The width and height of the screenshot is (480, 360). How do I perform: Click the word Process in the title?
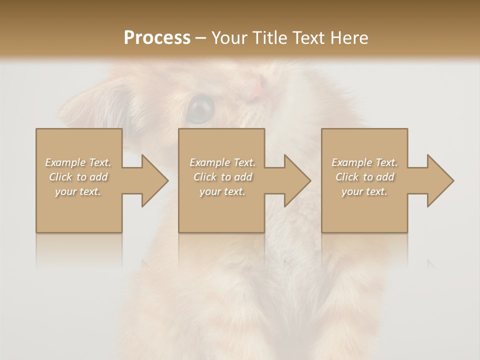157,38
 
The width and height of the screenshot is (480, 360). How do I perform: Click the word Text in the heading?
309,38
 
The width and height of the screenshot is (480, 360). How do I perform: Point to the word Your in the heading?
230,38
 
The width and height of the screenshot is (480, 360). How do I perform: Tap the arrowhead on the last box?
439,180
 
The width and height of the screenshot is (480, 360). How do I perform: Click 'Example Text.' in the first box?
78,162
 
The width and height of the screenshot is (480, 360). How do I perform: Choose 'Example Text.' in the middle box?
222,162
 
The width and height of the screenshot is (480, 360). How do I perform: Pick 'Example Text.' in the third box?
364,162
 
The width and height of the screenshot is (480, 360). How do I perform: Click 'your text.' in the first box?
78,191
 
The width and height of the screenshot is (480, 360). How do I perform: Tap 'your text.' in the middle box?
222,191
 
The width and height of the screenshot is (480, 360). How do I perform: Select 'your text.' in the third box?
364,191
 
